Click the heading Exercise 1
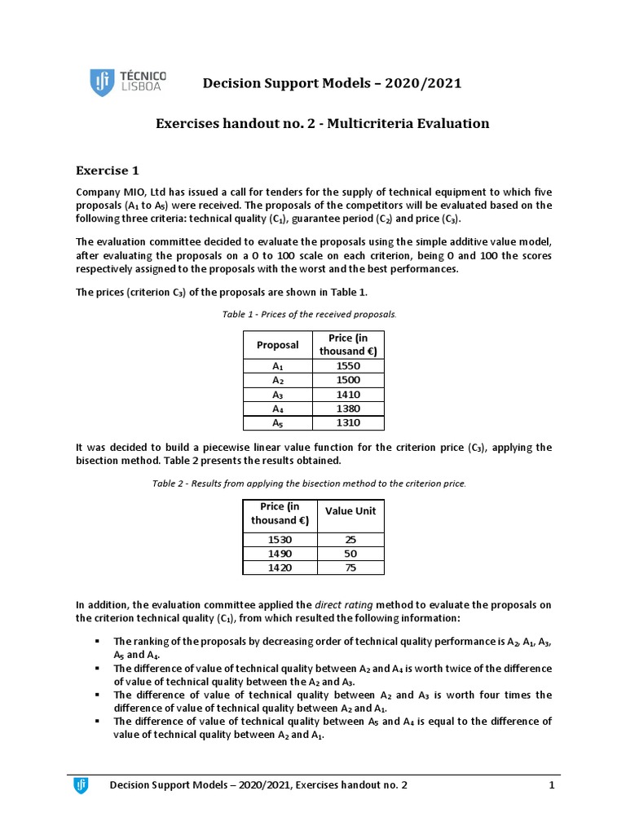point(108,170)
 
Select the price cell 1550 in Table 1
point(348,365)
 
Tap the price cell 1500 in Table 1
point(348,380)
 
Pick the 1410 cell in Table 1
point(348,395)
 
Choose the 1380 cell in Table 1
point(348,409)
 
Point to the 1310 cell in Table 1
point(348,423)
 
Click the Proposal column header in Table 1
point(277,345)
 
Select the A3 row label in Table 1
point(277,395)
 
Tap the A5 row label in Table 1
point(277,423)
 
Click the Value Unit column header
point(350,511)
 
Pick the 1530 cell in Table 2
point(279,540)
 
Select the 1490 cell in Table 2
point(279,554)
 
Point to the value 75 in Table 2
point(350,568)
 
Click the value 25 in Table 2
point(350,540)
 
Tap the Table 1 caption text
point(310,314)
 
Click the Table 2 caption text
point(310,484)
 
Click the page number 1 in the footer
point(552,785)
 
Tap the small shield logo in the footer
point(81,785)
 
